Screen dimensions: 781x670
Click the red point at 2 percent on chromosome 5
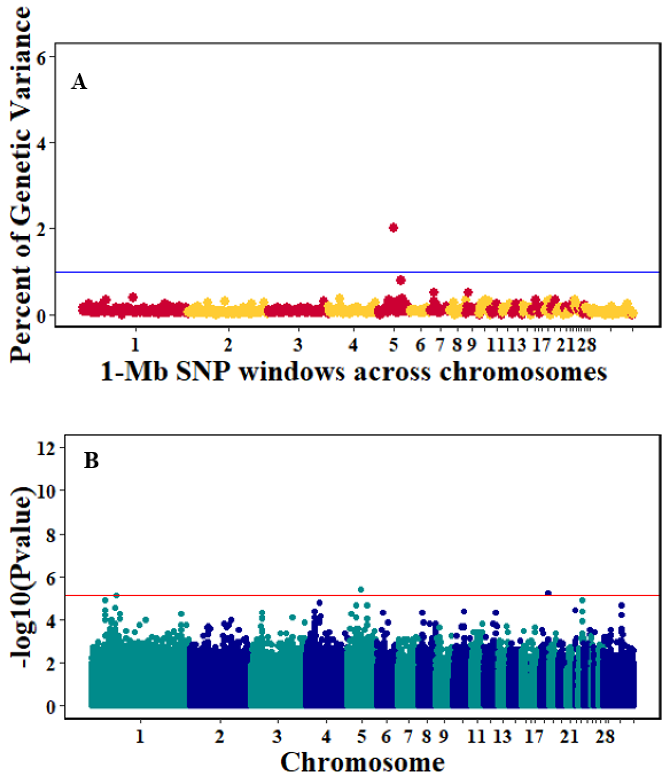tap(393, 228)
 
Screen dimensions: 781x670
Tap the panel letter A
tap(79, 82)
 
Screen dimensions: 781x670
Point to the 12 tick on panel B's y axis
tap(46, 448)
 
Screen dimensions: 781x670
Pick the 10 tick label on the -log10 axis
tap(46, 490)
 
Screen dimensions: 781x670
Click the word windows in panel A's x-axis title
tap(292, 372)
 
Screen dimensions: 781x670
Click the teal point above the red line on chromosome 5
tap(361, 589)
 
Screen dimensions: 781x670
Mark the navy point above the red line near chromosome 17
tap(548, 593)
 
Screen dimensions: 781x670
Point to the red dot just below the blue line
tap(401, 280)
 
